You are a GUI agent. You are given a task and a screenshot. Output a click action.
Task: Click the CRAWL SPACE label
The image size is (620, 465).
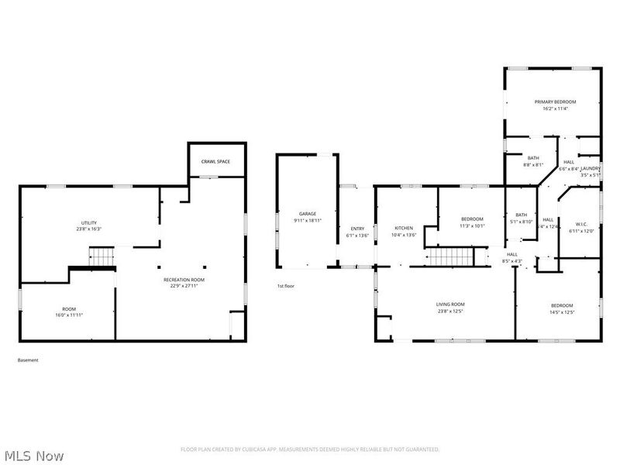(216, 161)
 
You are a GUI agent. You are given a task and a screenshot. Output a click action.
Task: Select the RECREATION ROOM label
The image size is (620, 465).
(180, 279)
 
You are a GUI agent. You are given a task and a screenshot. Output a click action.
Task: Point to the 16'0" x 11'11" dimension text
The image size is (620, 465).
(69, 315)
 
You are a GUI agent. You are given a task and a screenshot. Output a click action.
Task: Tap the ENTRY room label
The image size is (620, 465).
(357, 229)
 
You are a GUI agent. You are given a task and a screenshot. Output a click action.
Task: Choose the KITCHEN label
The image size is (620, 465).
(404, 229)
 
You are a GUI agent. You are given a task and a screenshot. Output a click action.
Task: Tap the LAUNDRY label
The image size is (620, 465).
(591, 168)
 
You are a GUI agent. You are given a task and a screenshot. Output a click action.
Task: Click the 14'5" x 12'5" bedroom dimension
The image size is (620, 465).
(562, 312)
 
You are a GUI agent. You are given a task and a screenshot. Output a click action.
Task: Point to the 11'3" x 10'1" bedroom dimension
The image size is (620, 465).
(472, 226)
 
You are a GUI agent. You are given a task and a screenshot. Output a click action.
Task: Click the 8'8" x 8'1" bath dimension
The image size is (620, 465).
(533, 164)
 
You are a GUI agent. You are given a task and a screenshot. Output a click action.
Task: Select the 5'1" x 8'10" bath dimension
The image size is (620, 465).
(522, 222)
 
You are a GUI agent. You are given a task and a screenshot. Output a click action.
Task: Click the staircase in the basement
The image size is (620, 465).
(102, 257)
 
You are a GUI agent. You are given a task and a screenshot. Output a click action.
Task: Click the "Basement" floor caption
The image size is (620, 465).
(27, 360)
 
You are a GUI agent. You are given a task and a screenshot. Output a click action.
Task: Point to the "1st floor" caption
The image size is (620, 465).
(286, 286)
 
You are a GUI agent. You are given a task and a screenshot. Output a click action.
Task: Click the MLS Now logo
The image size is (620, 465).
(35, 455)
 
